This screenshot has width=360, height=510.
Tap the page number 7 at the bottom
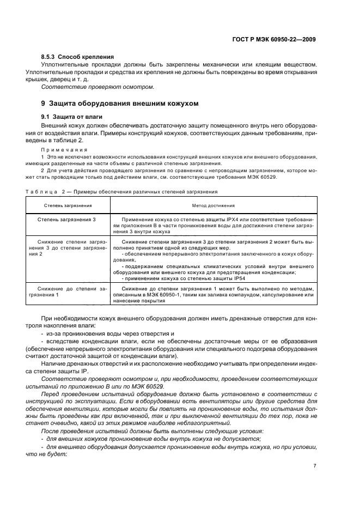(315, 465)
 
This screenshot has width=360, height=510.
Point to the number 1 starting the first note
(42, 156)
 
